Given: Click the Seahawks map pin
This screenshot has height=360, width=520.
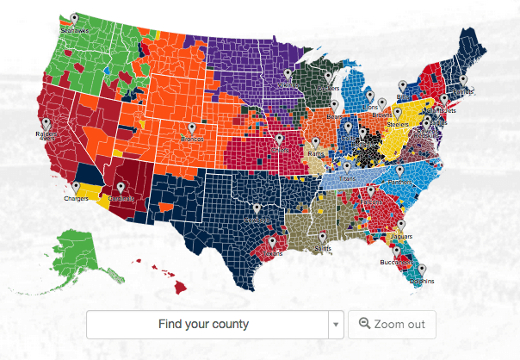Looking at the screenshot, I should pos(74,19).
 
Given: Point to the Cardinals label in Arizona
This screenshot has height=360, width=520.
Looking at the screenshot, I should pos(121,198).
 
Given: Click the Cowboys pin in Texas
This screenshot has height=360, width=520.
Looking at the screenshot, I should pos(256,209).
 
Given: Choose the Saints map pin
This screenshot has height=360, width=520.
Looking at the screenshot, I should pos(322,238).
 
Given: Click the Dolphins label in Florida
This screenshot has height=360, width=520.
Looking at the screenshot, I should pos(422,282).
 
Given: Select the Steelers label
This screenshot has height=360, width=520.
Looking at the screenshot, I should pos(398,124).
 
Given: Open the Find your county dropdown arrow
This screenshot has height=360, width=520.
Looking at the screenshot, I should pos(335,325).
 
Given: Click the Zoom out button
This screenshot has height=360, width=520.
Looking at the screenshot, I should pos(392,325).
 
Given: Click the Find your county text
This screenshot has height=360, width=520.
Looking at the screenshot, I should pos(204,325).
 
